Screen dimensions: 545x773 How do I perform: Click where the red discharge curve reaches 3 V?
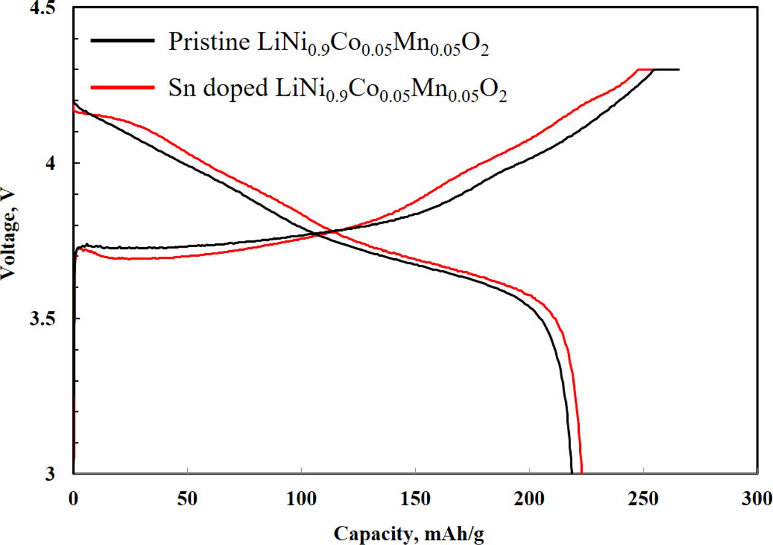tap(581, 473)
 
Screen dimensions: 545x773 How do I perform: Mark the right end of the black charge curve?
tap(679, 69)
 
